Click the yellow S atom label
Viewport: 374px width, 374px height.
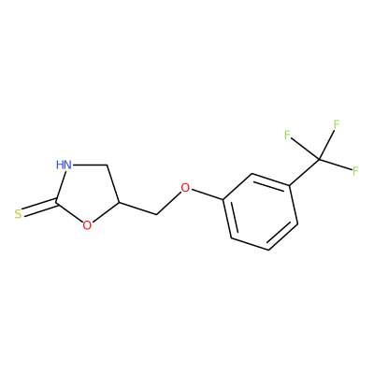click(x=18, y=214)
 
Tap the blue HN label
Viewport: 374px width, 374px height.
click(x=65, y=165)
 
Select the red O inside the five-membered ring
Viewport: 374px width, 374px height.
click(x=88, y=224)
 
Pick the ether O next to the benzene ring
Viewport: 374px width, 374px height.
click(x=185, y=188)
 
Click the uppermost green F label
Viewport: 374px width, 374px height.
click(x=337, y=124)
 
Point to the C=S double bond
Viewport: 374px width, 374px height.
click(x=39, y=207)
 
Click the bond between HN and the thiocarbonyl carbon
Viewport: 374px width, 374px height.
click(x=61, y=184)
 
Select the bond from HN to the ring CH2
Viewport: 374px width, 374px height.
click(x=90, y=165)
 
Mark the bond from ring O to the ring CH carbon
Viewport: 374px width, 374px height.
click(x=105, y=212)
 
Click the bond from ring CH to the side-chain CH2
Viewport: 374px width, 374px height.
click(x=137, y=209)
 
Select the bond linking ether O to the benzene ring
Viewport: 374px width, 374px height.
click(x=207, y=194)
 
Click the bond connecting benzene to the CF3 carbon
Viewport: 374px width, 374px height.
click(x=305, y=173)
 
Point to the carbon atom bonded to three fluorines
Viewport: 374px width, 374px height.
click(x=320, y=160)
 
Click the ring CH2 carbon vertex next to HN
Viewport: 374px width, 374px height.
click(x=107, y=165)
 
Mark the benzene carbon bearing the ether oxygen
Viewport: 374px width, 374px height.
click(x=223, y=200)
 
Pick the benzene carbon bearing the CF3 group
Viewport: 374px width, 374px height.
click(x=290, y=186)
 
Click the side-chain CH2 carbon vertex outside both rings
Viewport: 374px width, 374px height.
click(x=156, y=215)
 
